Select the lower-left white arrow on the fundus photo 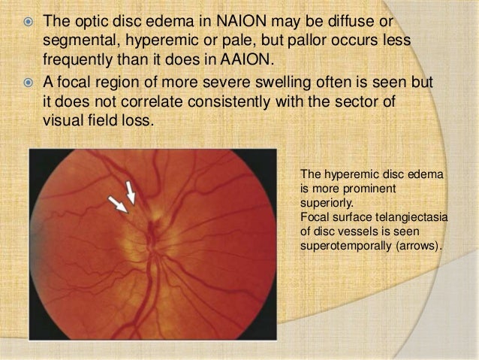pos(117,203)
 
